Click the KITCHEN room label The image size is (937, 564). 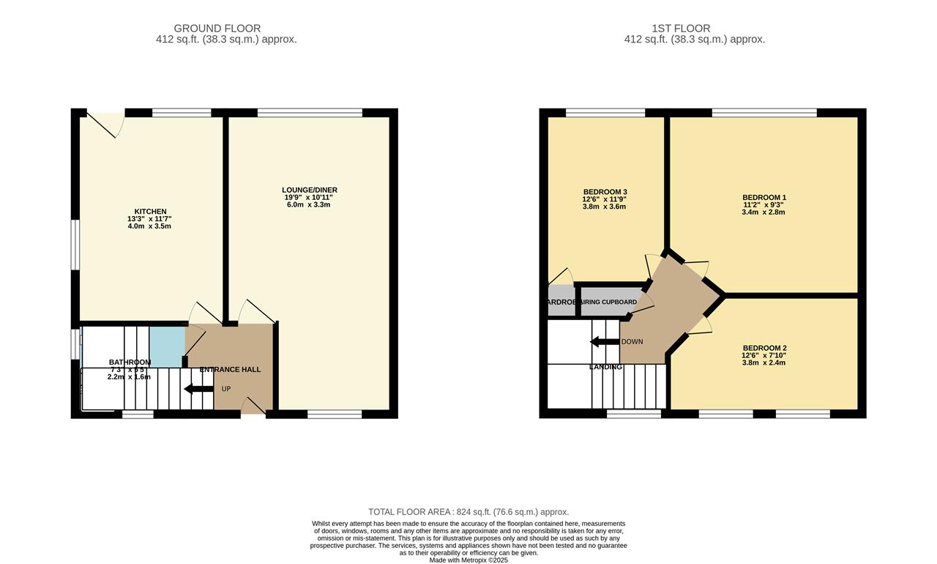coord(149,212)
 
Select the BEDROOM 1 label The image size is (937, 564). coord(764,197)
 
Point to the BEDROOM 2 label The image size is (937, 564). coord(764,348)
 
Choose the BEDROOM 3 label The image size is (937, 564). coord(605,192)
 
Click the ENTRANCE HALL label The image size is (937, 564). coord(230,369)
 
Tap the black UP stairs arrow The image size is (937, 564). coord(198,388)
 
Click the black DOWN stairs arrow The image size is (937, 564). coord(605,341)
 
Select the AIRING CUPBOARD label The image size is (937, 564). coord(608,302)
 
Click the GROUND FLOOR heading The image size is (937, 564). coord(227,29)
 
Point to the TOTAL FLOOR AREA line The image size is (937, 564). coord(468,512)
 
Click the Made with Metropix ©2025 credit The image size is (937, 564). coord(468,560)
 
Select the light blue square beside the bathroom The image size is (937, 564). coord(167,346)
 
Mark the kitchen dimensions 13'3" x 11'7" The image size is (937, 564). coord(149,219)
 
